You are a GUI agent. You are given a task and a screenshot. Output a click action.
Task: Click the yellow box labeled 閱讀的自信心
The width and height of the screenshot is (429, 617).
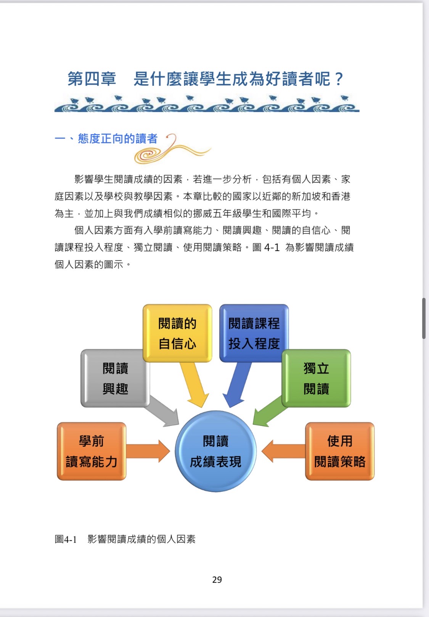[177, 333]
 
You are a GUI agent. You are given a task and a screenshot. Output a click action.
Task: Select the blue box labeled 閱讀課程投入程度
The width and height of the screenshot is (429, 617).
[254, 333]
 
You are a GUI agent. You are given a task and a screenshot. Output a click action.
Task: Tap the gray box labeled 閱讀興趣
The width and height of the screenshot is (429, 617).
[115, 378]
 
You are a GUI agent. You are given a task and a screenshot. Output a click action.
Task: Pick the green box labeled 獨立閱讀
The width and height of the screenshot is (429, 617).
[316, 378]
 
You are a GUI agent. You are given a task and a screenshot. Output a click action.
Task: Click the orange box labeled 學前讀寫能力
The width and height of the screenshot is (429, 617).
[92, 451]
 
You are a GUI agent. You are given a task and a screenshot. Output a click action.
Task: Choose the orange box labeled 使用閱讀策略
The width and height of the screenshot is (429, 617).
[340, 451]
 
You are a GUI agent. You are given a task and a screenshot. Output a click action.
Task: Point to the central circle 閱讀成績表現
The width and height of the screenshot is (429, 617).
[215, 451]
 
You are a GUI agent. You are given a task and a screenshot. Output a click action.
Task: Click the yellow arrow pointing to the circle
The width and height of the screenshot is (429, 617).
[194, 384]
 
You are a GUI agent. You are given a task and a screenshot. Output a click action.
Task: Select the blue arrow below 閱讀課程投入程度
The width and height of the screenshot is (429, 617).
[237, 384]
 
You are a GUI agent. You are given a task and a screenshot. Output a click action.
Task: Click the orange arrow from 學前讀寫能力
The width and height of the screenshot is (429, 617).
[148, 451]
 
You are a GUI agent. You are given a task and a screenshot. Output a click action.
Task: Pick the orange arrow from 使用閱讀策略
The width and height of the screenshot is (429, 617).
[283, 451]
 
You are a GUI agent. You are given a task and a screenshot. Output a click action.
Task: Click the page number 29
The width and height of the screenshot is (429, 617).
[217, 580]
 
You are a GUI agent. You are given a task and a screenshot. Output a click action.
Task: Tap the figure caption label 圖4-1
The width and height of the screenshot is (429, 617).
[66, 539]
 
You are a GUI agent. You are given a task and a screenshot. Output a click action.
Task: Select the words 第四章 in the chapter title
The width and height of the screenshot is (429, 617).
[92, 79]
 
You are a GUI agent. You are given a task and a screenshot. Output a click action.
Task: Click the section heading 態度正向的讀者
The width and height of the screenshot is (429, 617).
[118, 139]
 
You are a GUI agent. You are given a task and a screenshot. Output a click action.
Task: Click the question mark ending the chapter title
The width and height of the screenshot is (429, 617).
[338, 79]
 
